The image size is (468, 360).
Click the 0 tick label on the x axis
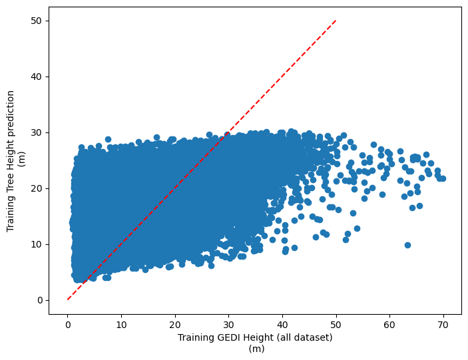coord(68,325)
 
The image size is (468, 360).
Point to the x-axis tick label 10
coord(121,325)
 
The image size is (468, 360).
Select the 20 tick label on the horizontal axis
coord(175,325)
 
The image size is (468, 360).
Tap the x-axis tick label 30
coord(228,325)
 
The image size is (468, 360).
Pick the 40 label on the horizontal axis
coord(282,325)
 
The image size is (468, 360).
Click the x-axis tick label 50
coord(336,325)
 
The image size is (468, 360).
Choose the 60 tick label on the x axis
coord(389,325)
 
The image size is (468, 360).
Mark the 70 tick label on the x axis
coord(443,325)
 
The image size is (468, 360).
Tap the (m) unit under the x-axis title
coord(255,348)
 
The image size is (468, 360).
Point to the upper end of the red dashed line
coord(336,21)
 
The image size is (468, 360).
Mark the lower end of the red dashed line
coord(68,299)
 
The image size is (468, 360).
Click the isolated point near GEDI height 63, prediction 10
coord(407,245)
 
